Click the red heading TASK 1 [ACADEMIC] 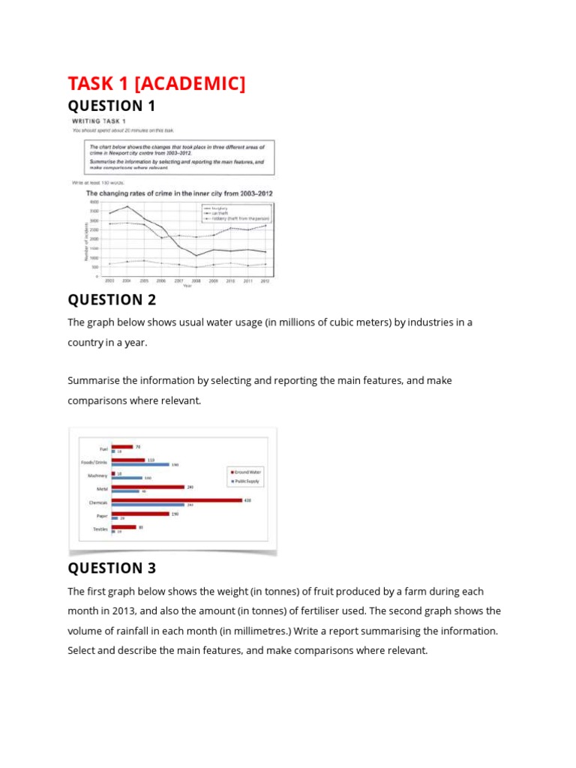coord(157,83)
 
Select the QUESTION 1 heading coord(112,106)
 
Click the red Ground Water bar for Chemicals coord(176,499)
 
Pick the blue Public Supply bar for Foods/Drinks coord(139,464)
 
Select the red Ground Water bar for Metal coord(148,487)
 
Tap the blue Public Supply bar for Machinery coord(126,478)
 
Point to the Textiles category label coord(100,529)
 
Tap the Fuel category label coord(104,448)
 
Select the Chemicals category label coord(98,502)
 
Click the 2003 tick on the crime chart coord(109,280)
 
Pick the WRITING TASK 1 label coord(99,121)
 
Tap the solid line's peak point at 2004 coord(127,206)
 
